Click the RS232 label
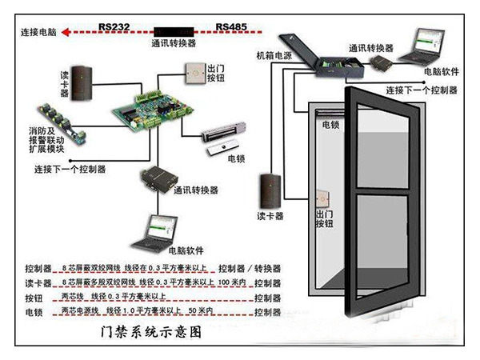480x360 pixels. (115, 26)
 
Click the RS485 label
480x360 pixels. (232, 26)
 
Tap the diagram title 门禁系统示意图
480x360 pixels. (150, 330)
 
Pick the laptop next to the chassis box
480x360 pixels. (422, 48)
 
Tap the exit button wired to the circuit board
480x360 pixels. (196, 74)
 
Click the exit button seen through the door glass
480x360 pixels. (325, 198)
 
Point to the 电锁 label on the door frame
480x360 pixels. (331, 126)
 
